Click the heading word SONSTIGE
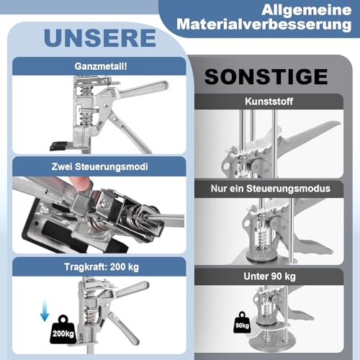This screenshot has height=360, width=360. click(267, 76)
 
